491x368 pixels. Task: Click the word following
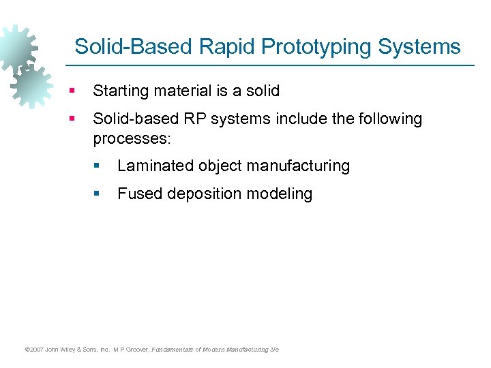coord(388,119)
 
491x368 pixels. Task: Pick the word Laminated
coord(155,166)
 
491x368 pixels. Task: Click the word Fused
coord(138,194)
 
